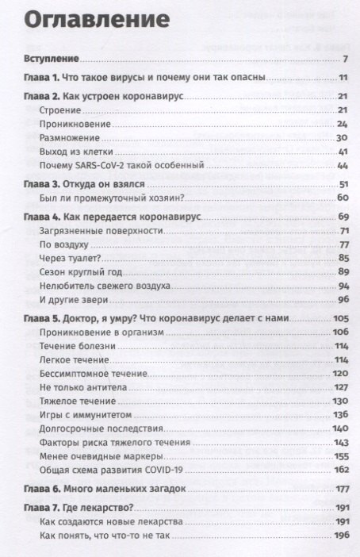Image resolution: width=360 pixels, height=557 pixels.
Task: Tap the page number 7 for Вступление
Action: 347,60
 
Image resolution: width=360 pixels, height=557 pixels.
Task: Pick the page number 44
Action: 343,165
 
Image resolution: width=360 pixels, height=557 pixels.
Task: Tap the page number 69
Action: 343,216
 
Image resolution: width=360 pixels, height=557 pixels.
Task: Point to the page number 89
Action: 343,272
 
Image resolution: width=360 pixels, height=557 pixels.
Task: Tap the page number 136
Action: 342,414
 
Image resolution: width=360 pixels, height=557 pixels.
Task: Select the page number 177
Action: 342,489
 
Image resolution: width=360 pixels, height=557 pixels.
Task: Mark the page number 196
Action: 342,536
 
